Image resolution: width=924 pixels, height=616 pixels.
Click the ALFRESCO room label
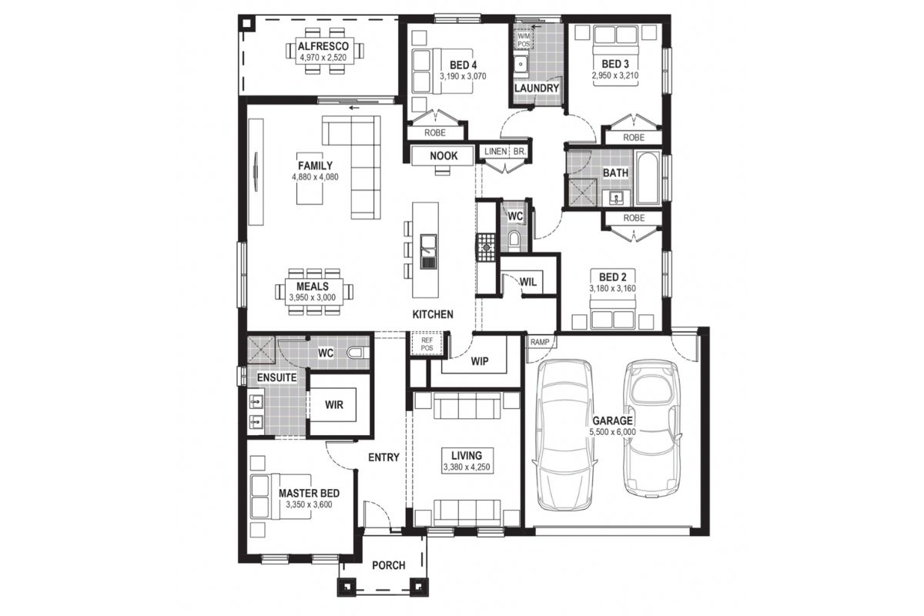pyautogui.click(x=323, y=46)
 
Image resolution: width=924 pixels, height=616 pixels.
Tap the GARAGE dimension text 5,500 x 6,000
pyautogui.click(x=612, y=433)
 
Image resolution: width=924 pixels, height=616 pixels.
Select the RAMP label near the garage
pyautogui.click(x=540, y=342)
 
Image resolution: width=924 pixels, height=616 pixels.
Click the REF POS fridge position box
pyautogui.click(x=427, y=344)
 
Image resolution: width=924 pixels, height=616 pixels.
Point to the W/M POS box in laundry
pyautogui.click(x=524, y=40)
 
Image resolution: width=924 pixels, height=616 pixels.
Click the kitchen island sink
pyautogui.click(x=428, y=251)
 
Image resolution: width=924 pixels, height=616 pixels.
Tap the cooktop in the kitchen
pyautogui.click(x=487, y=247)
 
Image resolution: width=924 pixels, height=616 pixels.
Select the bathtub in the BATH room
pyautogui.click(x=648, y=178)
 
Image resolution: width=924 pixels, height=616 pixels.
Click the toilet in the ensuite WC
pyautogui.click(x=357, y=353)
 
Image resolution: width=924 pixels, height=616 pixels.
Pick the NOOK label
pyautogui.click(x=444, y=156)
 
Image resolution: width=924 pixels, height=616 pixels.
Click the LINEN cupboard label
pyautogui.click(x=495, y=152)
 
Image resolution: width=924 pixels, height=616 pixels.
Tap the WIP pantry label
pyautogui.click(x=479, y=361)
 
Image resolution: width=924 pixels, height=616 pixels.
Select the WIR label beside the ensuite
pyautogui.click(x=333, y=405)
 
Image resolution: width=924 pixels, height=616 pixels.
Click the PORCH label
pyautogui.click(x=389, y=565)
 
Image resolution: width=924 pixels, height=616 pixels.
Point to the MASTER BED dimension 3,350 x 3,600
pyautogui.click(x=309, y=504)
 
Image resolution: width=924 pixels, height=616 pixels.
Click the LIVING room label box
pyautogui.click(x=467, y=460)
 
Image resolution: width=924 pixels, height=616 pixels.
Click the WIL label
pyautogui.click(x=528, y=283)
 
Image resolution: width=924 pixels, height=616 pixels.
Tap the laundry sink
pyautogui.click(x=521, y=64)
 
